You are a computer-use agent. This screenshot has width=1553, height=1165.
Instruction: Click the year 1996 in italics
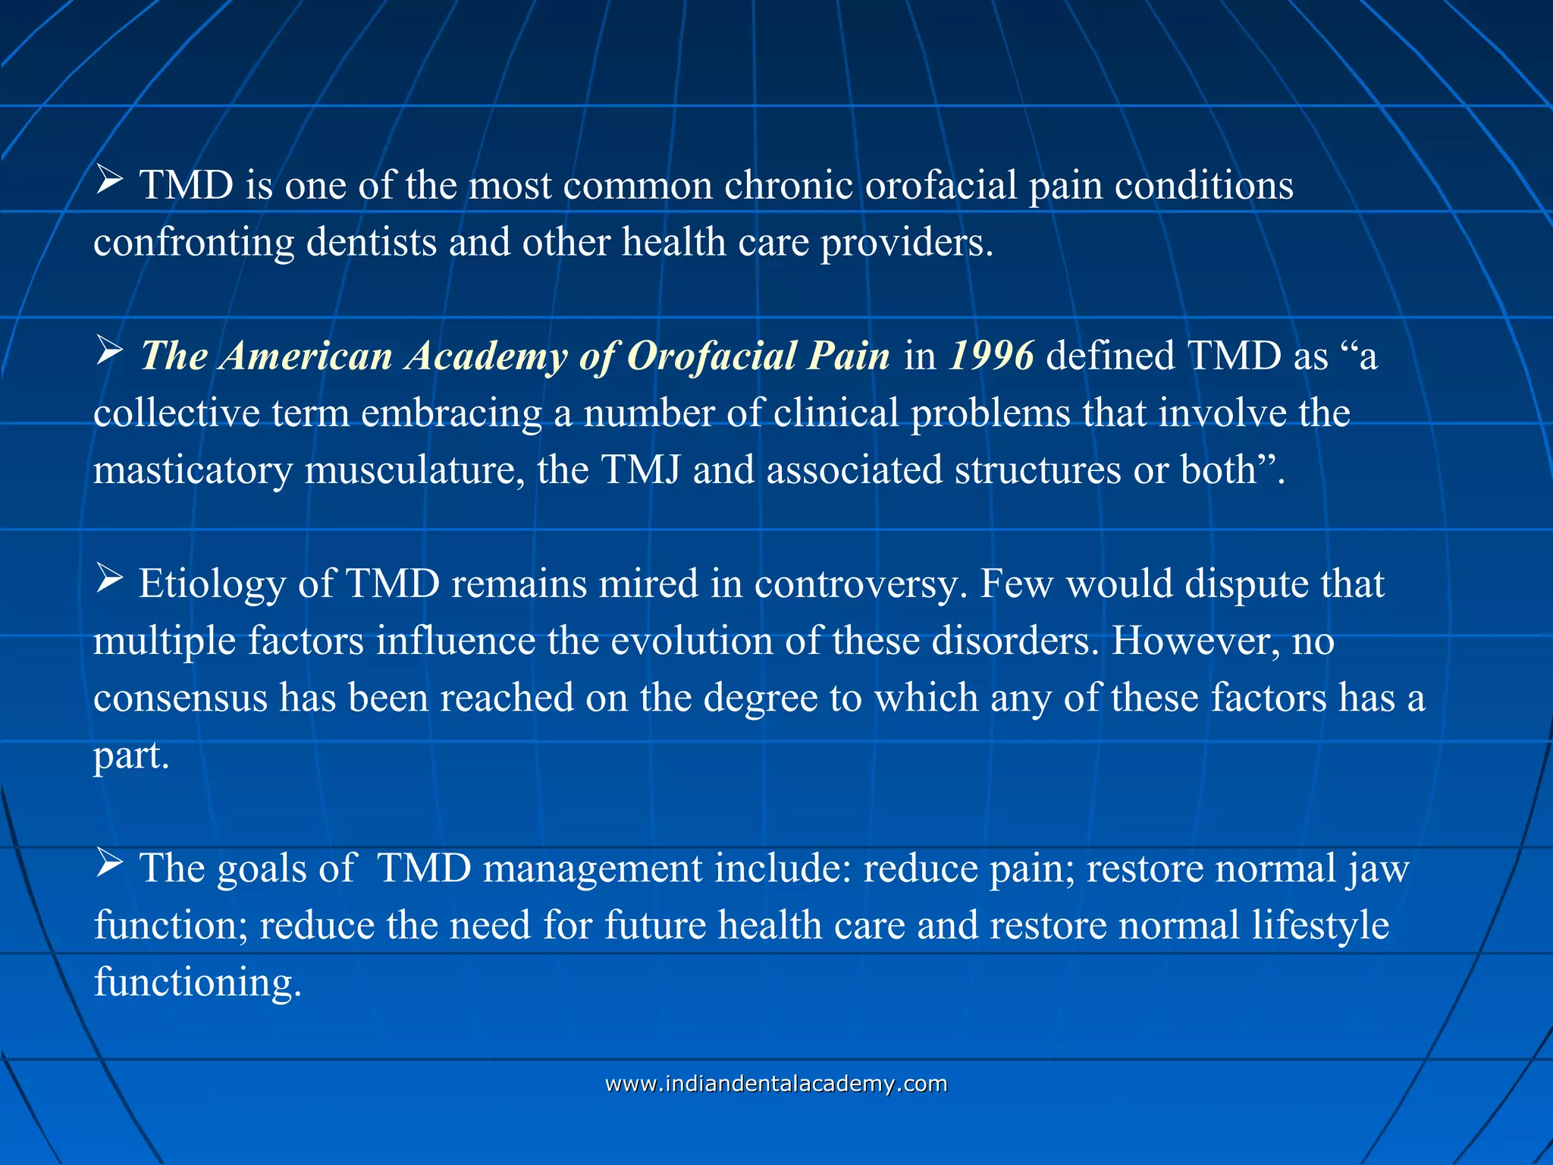point(991,355)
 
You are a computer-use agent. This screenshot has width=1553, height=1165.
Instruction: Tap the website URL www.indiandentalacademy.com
point(776,1083)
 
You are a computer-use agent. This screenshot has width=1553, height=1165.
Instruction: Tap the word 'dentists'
point(371,243)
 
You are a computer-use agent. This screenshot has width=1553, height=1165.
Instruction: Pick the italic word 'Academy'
point(485,356)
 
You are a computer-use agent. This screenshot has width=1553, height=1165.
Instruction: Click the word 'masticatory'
point(193,470)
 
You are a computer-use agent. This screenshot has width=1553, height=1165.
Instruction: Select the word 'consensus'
point(180,698)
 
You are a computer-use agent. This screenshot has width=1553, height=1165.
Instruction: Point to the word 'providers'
point(906,243)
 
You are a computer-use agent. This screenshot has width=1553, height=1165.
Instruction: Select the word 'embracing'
point(451,413)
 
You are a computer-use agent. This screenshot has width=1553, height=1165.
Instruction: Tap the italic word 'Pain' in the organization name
point(849,356)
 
